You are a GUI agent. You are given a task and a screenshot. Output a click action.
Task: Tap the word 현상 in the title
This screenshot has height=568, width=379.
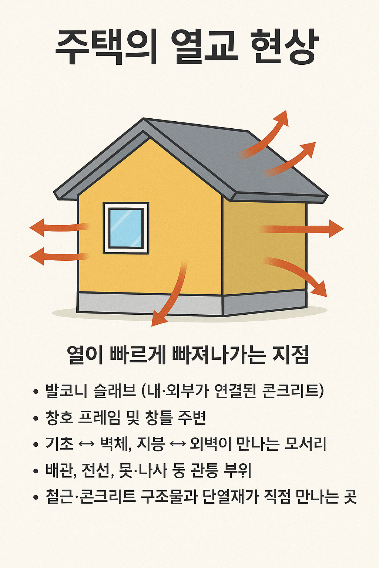coord(284,47)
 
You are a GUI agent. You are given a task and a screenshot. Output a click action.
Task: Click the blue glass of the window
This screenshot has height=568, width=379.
coord(126,228)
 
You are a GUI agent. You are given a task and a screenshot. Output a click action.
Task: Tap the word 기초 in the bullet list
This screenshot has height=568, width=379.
coord(59,444)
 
